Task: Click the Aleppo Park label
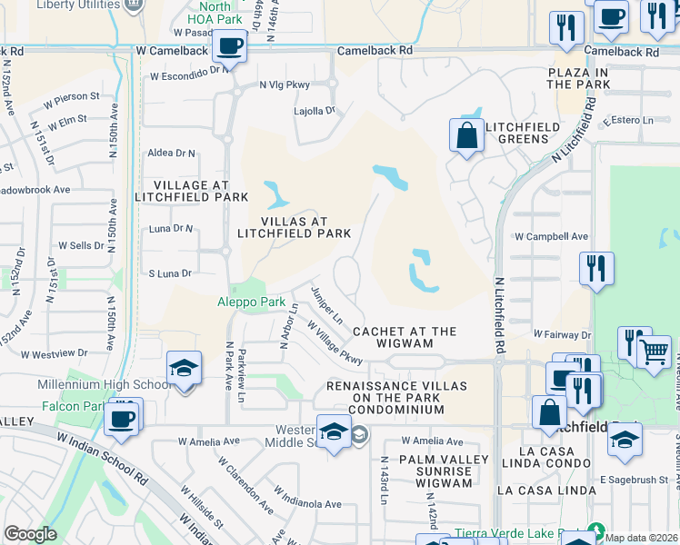point(251,302)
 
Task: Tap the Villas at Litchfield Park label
point(294,226)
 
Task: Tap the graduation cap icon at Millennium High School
point(184,370)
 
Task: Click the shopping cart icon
point(655,352)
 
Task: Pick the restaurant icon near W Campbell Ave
point(596,268)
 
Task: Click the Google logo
point(31,534)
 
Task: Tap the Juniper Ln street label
point(325,305)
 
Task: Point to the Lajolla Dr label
point(315,111)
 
